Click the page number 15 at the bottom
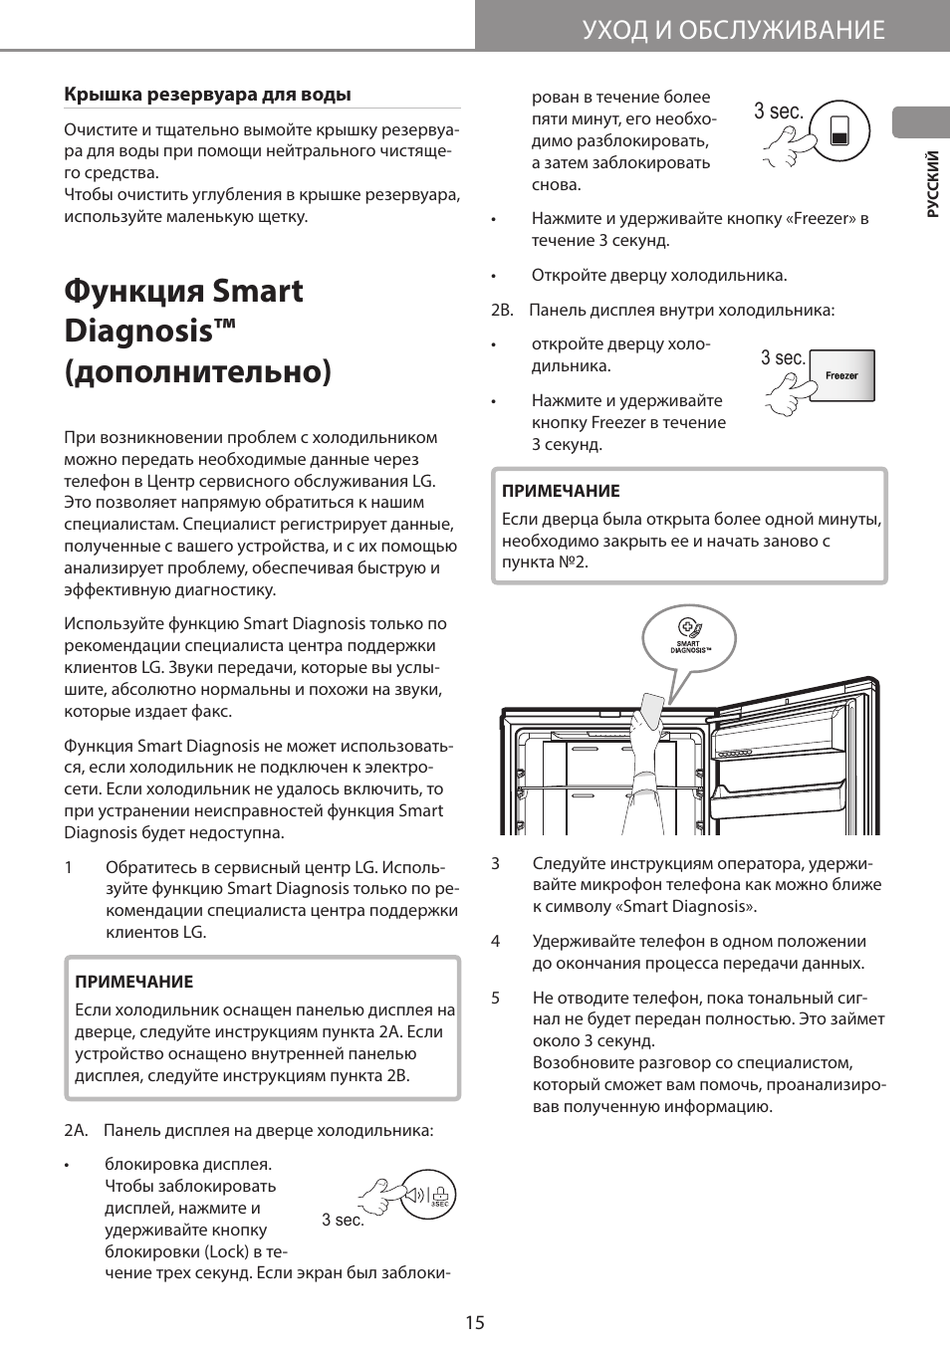click(x=474, y=1322)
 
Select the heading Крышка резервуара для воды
click(x=207, y=95)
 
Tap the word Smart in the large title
click(x=258, y=291)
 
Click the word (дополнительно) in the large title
click(x=197, y=371)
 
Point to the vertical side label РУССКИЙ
click(x=932, y=184)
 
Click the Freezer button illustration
click(x=841, y=375)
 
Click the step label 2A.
click(x=76, y=1130)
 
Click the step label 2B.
click(x=502, y=310)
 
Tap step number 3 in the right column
click(x=495, y=863)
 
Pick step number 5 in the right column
click(x=495, y=998)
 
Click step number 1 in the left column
click(x=69, y=866)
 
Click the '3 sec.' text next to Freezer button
click(x=783, y=358)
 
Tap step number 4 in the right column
click(x=495, y=941)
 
